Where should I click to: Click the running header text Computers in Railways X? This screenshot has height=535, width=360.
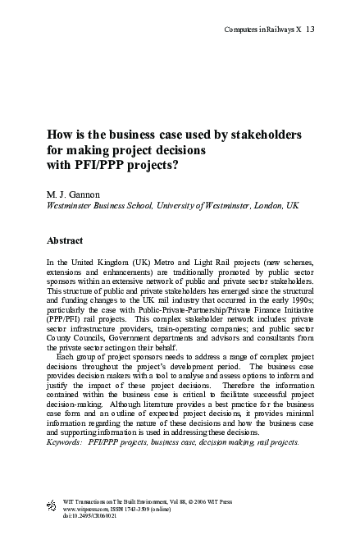(x=262, y=30)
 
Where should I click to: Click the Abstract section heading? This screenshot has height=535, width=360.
(x=66, y=243)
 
